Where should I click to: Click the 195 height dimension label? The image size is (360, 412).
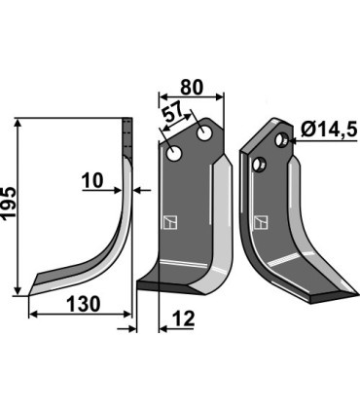[10, 206]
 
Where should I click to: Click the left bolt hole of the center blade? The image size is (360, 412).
[173, 154]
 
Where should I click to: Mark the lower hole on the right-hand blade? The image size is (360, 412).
[259, 165]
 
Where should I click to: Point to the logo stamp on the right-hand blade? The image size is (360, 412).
[259, 221]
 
